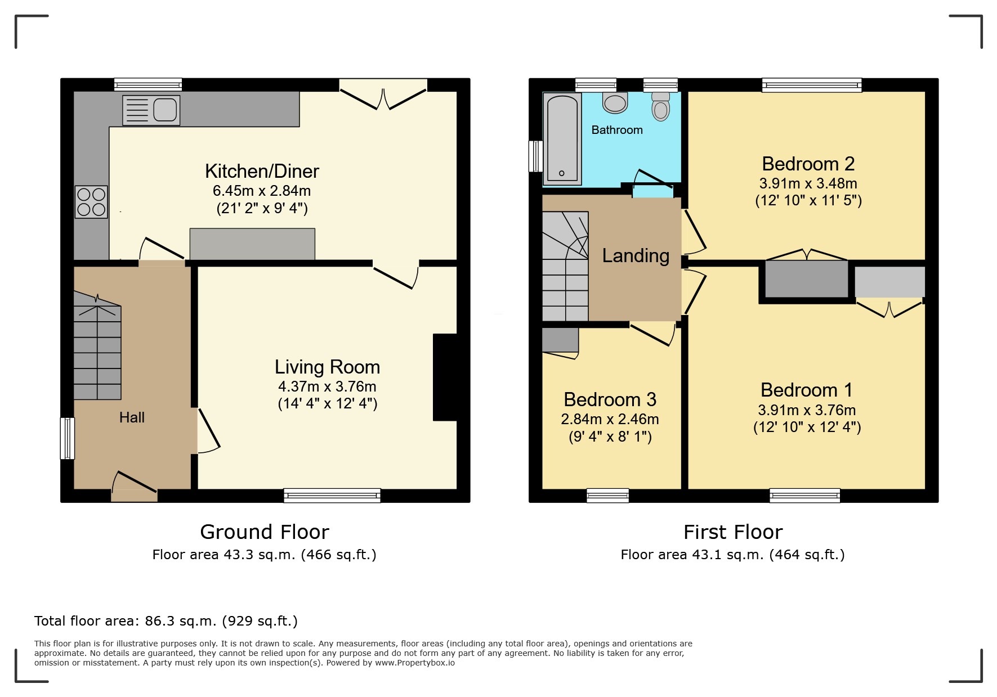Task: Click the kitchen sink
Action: pos(151,110)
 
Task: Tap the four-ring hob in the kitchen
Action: pos(91,202)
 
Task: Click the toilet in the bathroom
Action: pos(661,107)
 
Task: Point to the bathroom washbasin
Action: pos(615,103)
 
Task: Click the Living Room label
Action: pos(327,367)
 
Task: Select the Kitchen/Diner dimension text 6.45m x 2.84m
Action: pos(262,191)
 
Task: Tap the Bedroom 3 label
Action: pos(610,399)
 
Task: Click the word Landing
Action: pos(636,256)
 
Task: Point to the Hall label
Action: pos(132,417)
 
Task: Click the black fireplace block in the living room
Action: pos(444,377)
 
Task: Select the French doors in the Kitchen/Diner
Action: pos(383,96)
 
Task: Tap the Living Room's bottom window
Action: pos(332,495)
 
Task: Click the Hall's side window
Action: pos(67,438)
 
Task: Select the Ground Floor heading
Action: pos(264,532)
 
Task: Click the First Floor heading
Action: pos(732,532)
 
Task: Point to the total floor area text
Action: pos(166,621)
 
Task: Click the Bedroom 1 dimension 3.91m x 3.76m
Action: pos(807,410)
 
